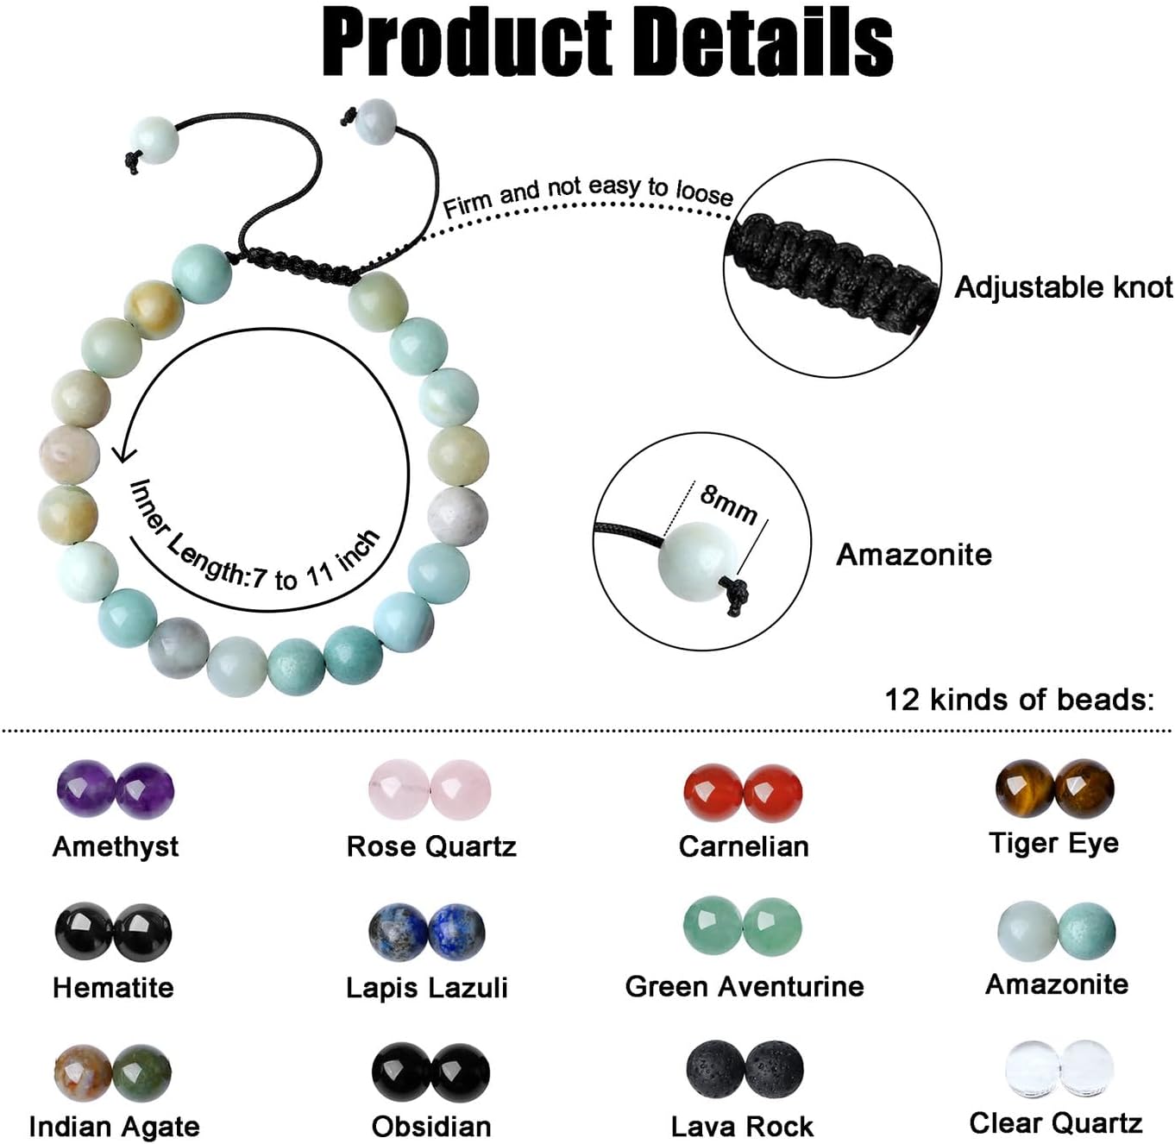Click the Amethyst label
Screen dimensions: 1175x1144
tap(116, 848)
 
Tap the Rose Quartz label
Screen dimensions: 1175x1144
tap(431, 846)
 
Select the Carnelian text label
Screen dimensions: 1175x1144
tap(744, 846)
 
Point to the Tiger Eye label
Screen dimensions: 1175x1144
tap(1053, 845)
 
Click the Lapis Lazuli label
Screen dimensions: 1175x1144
tap(427, 988)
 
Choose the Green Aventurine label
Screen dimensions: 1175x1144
tap(745, 987)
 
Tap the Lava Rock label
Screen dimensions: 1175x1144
tap(742, 1127)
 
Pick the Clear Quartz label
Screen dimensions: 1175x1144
tap(1056, 1123)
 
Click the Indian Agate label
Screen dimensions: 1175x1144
tap(114, 1128)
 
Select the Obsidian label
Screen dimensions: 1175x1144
tap(431, 1127)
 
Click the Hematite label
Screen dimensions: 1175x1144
tap(113, 988)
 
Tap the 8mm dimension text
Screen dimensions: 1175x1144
tap(728, 505)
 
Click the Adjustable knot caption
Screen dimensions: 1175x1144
tap(1064, 286)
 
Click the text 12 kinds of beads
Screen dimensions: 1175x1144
tap(1020, 700)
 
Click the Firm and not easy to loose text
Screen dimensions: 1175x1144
tap(588, 194)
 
